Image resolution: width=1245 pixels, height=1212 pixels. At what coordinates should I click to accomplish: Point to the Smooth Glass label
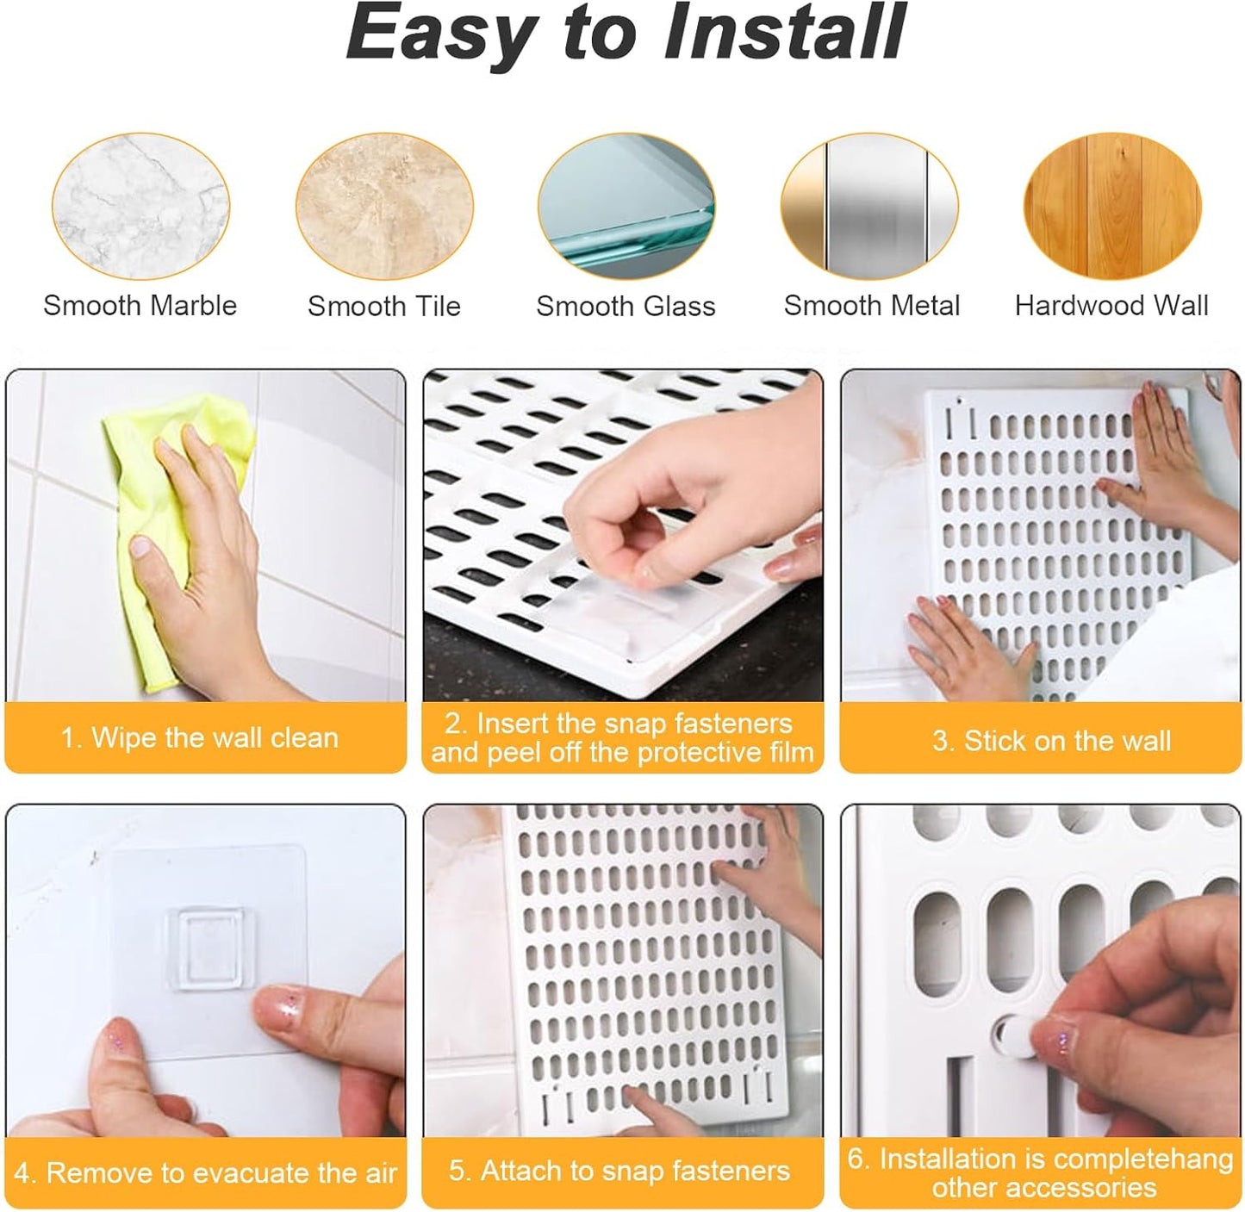pos(626,306)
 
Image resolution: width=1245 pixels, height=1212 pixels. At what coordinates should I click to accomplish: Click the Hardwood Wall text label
pos(1111,305)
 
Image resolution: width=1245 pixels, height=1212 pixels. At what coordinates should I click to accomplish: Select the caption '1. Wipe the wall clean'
pos(200,738)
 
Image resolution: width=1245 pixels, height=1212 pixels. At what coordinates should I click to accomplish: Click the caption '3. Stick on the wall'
pos(1051,741)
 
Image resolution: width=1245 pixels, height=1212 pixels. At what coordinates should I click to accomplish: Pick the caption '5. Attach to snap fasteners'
pos(619,1171)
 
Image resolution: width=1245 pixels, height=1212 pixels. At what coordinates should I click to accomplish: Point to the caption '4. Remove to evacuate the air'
pos(205,1172)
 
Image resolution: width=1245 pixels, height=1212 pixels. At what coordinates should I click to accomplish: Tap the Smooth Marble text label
pos(140,305)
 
